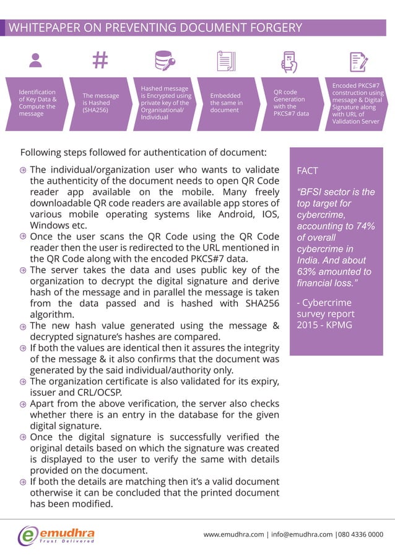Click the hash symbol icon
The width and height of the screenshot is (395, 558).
click(100, 61)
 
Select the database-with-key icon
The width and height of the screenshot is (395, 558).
click(164, 61)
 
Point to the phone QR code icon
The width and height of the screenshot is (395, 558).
click(290, 62)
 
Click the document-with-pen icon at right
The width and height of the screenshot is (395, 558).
click(356, 62)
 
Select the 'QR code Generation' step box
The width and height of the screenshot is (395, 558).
click(290, 103)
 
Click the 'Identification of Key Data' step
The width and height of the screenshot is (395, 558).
click(37, 103)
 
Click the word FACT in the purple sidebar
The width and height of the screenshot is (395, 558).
click(308, 170)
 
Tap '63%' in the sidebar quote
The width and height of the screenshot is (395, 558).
click(310, 272)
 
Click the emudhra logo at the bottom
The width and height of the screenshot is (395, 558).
click(56, 535)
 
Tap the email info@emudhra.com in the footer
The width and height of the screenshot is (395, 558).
click(298, 534)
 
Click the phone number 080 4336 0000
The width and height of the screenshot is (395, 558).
click(360, 534)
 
